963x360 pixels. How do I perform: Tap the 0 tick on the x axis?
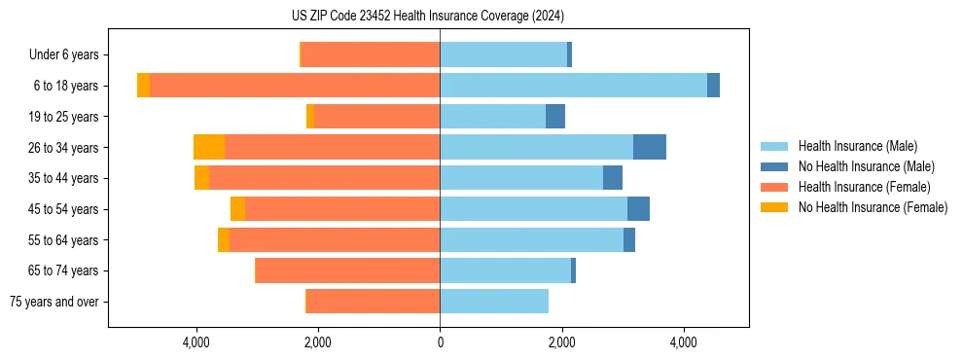[x=440, y=342]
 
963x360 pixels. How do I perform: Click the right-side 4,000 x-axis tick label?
[x=683, y=342]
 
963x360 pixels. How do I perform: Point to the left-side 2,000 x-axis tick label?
[x=318, y=342]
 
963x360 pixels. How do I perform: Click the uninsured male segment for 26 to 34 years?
[x=650, y=147]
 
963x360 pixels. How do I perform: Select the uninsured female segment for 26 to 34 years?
[x=209, y=147]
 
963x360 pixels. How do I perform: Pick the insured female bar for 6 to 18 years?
[x=295, y=86]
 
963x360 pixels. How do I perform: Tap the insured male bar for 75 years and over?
[x=494, y=302]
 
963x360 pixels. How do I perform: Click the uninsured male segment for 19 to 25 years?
[x=555, y=117]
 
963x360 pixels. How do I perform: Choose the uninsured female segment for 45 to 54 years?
[x=237, y=209]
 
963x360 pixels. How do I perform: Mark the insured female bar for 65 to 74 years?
[x=347, y=270]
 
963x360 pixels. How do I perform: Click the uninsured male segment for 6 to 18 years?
[x=713, y=86]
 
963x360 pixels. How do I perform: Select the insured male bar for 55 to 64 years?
[x=531, y=239]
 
